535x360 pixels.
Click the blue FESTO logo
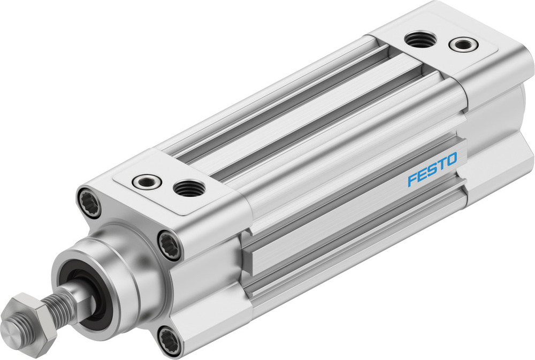432,169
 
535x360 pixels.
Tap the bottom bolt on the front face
171,339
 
